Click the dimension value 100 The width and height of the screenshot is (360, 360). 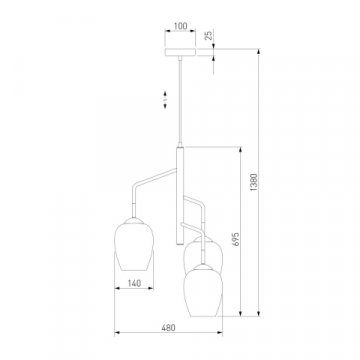click(x=181, y=26)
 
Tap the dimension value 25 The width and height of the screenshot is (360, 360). click(x=208, y=36)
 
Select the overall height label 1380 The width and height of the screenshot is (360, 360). click(x=254, y=182)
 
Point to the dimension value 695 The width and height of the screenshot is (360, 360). click(x=236, y=239)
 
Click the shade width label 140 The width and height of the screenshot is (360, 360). click(x=134, y=283)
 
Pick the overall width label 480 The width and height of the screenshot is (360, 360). click(x=168, y=328)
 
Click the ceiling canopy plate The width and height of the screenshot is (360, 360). click(x=180, y=52)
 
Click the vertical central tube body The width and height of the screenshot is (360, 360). click(x=180, y=195)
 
